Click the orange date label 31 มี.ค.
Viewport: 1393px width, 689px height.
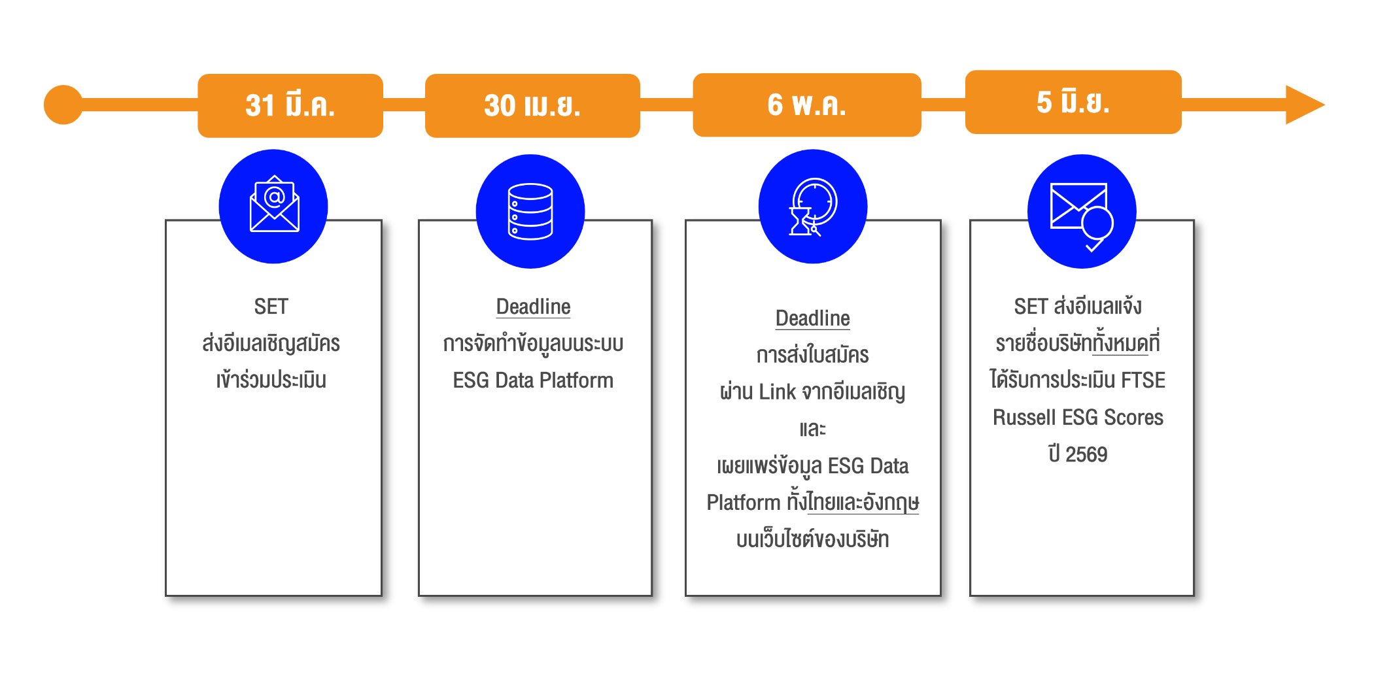290,105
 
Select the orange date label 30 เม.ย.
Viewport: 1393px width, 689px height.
532,105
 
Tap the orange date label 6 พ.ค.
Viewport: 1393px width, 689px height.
806,105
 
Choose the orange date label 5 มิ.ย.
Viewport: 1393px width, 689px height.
1073,102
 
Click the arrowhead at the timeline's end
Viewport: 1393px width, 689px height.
1303,105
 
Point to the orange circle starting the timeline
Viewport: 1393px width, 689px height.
63,105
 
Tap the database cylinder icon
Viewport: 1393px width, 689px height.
530,211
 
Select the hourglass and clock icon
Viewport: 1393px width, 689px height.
812,207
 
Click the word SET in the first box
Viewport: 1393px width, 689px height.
271,307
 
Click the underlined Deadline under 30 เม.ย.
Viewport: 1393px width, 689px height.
533,307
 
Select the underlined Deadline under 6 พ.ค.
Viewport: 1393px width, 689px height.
812,318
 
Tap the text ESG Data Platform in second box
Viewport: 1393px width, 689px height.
533,380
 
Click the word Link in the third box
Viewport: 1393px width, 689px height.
777,392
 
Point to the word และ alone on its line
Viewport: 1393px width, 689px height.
812,429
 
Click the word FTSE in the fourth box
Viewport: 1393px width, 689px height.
1143,380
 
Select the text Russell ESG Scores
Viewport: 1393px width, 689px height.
1078,418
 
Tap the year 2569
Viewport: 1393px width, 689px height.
1086,454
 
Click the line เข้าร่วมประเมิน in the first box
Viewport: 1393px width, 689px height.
271,380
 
